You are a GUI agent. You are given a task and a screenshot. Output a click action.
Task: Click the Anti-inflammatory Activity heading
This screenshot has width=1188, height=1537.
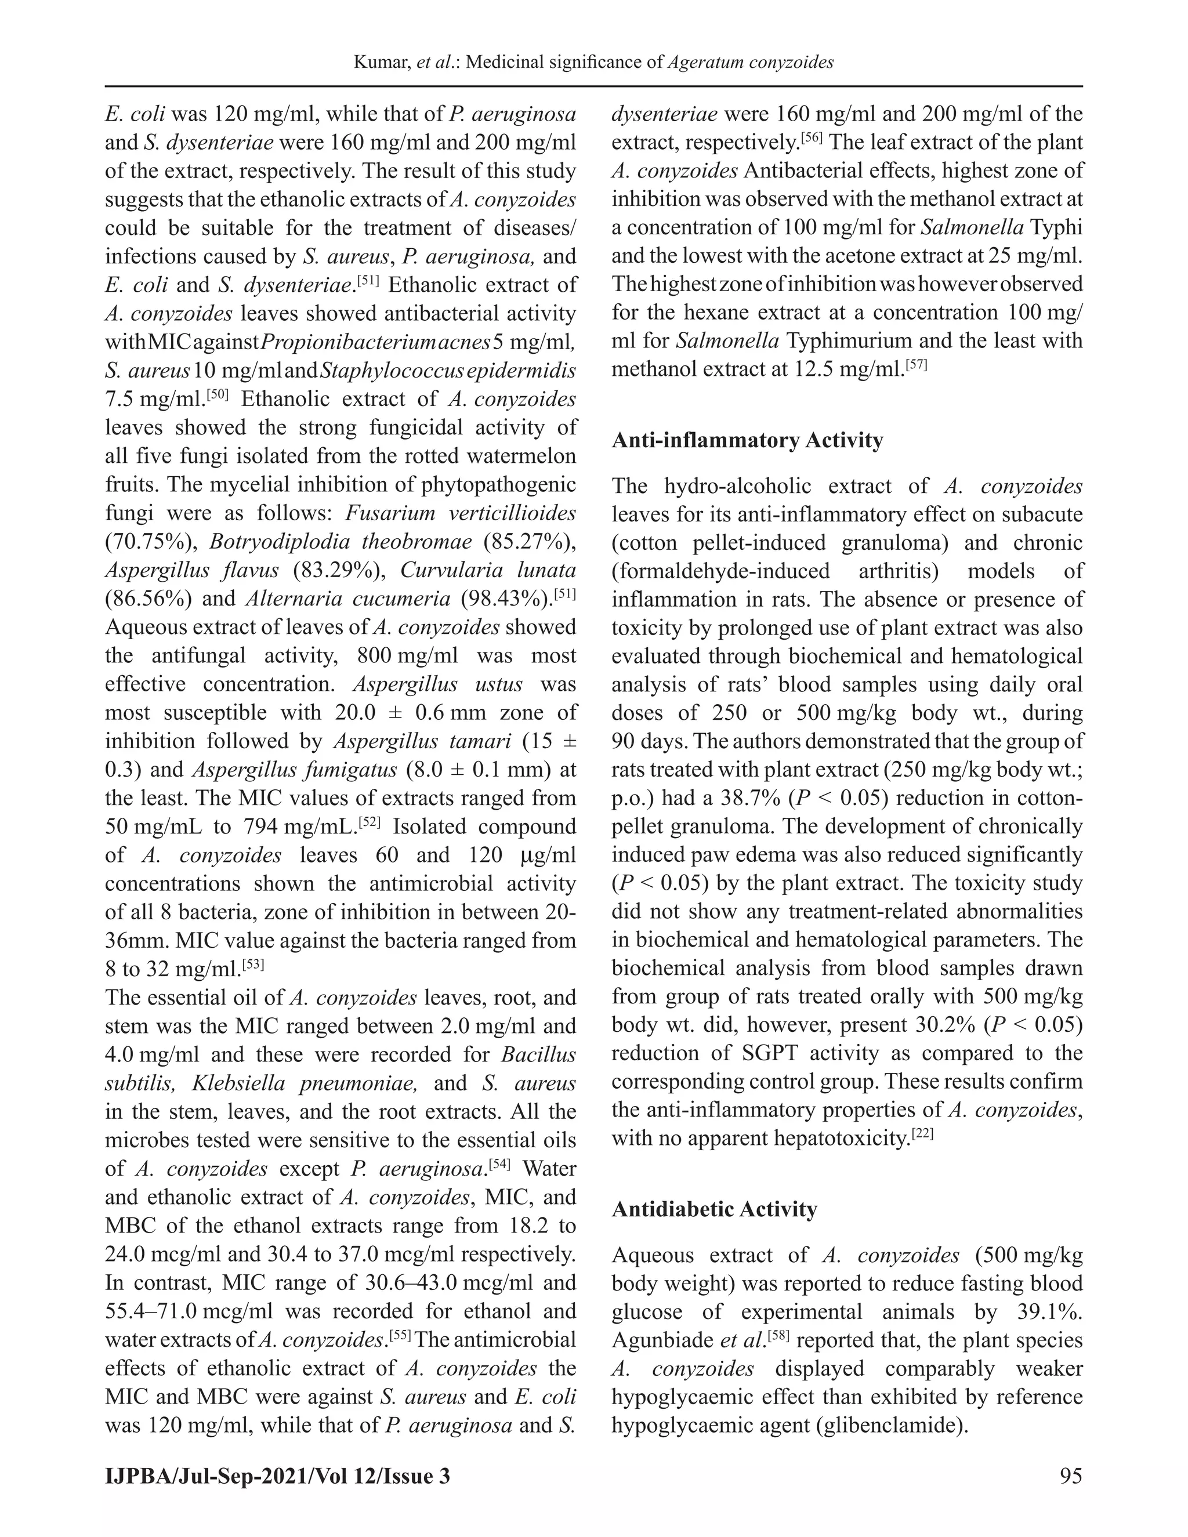[x=747, y=441]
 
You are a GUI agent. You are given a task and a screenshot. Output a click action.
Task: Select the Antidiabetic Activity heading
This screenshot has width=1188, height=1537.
[x=714, y=1209]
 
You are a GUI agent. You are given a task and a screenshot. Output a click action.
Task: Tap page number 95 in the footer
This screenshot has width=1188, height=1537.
[x=1070, y=1475]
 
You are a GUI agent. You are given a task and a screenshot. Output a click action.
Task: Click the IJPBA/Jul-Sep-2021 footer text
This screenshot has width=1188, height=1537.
[x=277, y=1475]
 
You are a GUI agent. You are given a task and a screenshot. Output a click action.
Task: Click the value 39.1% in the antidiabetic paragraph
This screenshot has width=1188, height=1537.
[x=1048, y=1312]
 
